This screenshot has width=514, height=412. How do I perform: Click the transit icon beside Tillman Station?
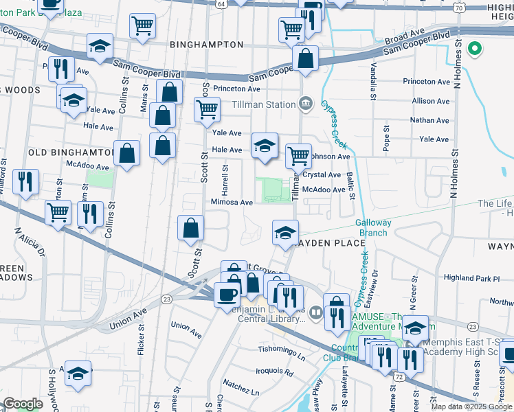pyautogui.click(x=307, y=104)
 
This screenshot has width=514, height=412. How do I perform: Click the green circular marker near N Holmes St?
pyautogui.click(x=473, y=49)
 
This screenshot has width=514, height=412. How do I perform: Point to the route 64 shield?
pyautogui.click(x=221, y=4)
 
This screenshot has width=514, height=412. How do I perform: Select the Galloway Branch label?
pyautogui.click(x=373, y=227)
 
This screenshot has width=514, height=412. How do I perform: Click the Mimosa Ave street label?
pyautogui.click(x=232, y=203)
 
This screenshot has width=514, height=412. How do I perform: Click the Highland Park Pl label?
pyautogui.click(x=471, y=278)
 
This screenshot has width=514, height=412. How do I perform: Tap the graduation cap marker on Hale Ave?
pyautogui.click(x=265, y=146)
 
